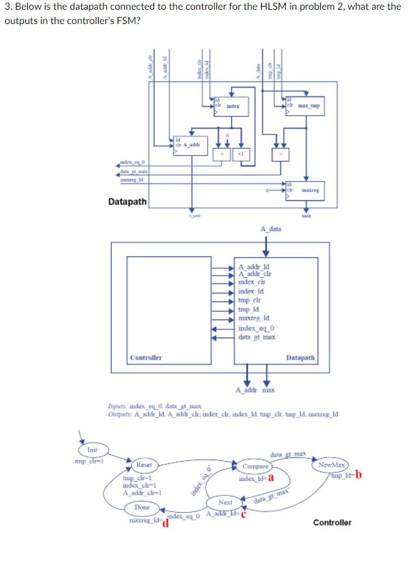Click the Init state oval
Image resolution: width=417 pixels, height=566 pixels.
(92, 450)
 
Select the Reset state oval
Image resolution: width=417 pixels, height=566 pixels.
(144, 465)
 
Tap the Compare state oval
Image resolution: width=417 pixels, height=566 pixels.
(255, 466)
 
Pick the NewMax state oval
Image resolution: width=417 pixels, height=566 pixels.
(331, 465)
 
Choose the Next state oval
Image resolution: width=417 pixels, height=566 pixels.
(225, 502)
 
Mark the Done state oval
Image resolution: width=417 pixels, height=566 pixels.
(142, 507)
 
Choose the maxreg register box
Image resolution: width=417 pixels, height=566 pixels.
(303, 190)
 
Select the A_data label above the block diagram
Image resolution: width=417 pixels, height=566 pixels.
(270, 228)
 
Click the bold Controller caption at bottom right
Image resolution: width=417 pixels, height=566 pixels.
(332, 522)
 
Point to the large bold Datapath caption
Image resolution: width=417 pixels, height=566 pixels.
(127, 202)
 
